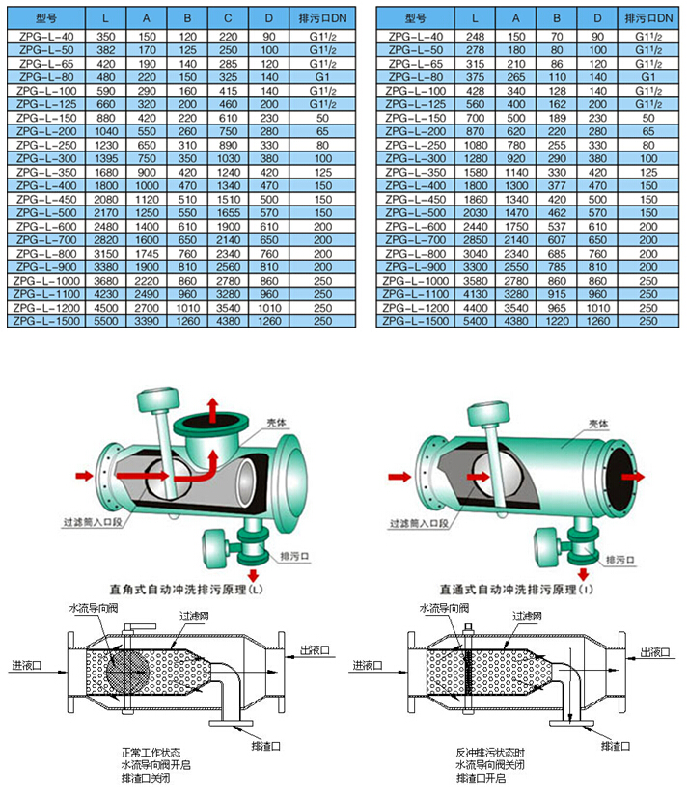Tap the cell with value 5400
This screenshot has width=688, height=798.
[x=474, y=321]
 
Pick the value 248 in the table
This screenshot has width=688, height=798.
[x=474, y=36]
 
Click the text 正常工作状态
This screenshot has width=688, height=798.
[x=151, y=751]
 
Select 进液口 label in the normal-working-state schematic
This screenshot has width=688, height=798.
[x=30, y=665]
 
